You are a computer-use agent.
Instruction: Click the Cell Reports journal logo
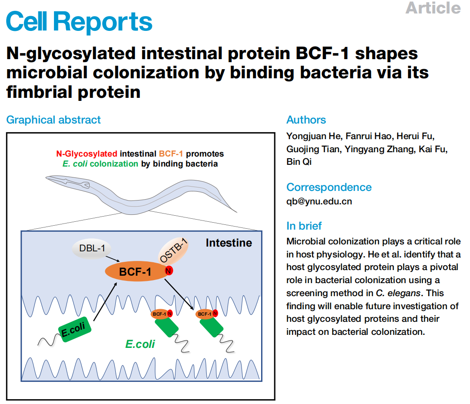(x=79, y=22)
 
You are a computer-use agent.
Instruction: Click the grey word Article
(x=433, y=8)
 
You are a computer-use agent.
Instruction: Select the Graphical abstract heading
(x=54, y=120)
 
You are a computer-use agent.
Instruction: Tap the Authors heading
(x=306, y=120)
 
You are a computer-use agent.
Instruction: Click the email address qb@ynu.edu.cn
(x=319, y=201)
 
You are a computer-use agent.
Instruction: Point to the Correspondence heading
(x=329, y=187)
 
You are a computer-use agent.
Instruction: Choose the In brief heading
(x=304, y=226)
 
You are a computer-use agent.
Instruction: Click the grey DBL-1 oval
(x=92, y=248)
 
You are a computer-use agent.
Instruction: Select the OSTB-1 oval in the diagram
(x=174, y=250)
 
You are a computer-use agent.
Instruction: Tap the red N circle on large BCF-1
(x=169, y=271)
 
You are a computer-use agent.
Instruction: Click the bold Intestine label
(x=229, y=243)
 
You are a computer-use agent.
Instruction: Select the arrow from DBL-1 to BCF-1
(x=113, y=259)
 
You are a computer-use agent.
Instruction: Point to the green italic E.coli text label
(x=140, y=344)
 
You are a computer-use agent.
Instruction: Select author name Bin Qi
(x=299, y=162)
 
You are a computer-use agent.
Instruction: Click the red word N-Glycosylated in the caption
(x=87, y=154)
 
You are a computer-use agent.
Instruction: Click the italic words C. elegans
(x=398, y=293)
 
